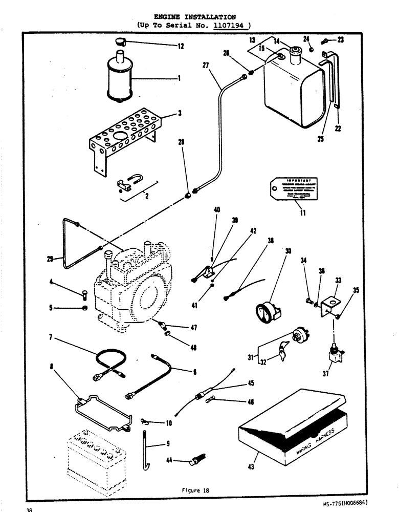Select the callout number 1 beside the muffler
tap(180, 78)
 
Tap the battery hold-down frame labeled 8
tap(102, 410)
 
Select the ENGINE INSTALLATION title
tap(199, 16)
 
